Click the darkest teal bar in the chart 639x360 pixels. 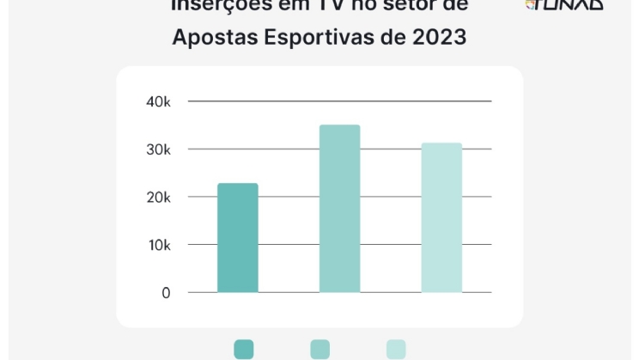[x=237, y=238]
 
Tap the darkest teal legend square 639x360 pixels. [x=243, y=349]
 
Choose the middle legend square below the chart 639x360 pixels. [x=319, y=349]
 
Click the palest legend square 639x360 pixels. [x=396, y=349]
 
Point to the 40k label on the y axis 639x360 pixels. [x=159, y=101]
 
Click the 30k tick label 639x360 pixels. [x=159, y=149]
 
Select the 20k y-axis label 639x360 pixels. [x=159, y=198]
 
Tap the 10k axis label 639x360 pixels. [x=159, y=245]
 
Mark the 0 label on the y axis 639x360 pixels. [x=166, y=293]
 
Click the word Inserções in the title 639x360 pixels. [x=212, y=5]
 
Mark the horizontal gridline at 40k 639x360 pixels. [x=339, y=101]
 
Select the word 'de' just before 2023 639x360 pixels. [x=389, y=38]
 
